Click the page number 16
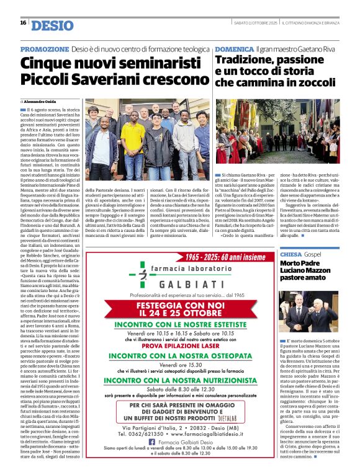(23, 23)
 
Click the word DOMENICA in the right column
(234, 48)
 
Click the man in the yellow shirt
(132, 141)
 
